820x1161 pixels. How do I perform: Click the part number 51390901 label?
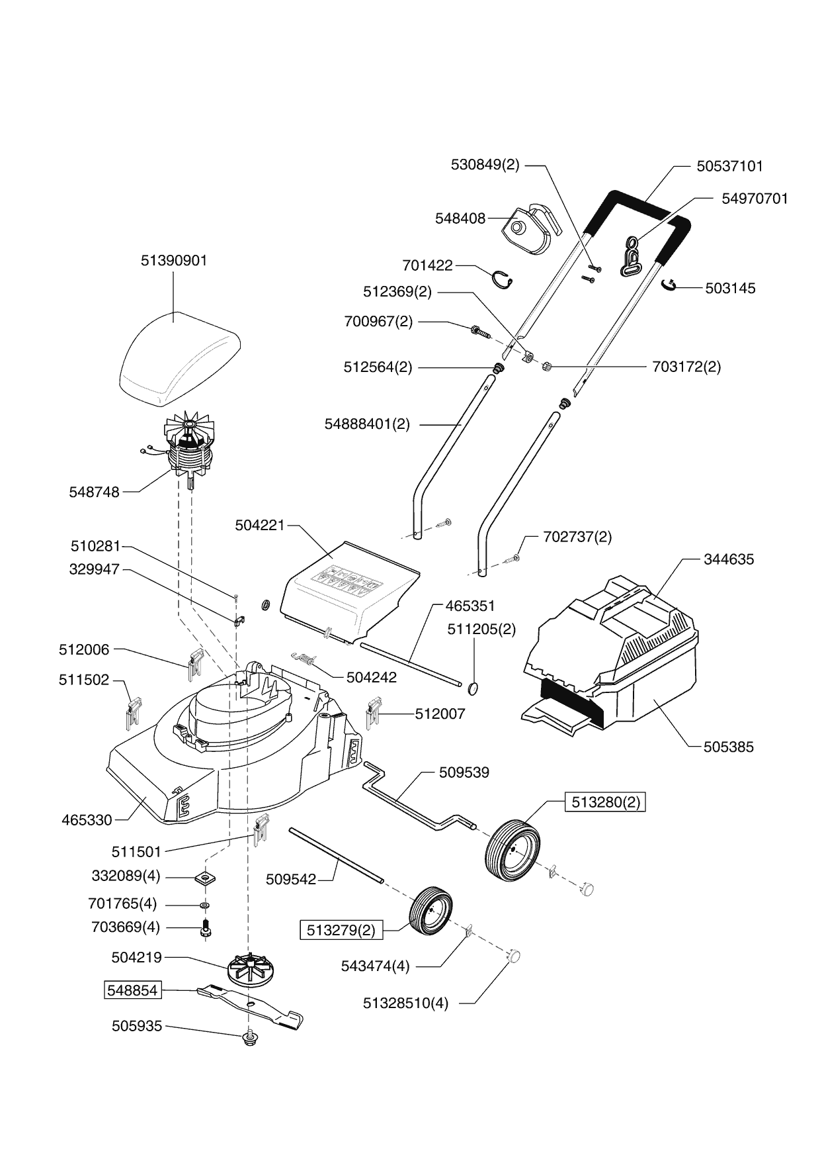(174, 261)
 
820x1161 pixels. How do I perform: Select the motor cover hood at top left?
(179, 358)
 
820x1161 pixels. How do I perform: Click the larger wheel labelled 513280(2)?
(512, 850)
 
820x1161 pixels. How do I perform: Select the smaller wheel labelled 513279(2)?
(432, 911)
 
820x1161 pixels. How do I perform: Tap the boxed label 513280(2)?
(605, 802)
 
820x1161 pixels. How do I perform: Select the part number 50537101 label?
(729, 165)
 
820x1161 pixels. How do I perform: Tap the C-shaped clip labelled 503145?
(669, 285)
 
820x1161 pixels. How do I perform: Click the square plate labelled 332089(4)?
(206, 878)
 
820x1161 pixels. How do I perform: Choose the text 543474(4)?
(376, 966)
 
